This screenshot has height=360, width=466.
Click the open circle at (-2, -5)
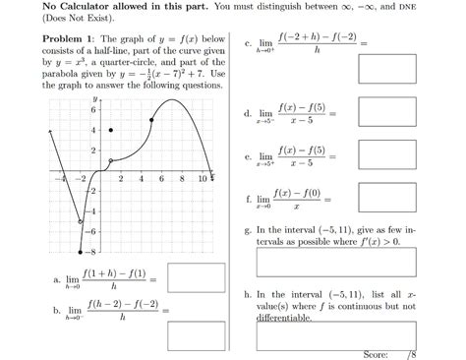[81, 221]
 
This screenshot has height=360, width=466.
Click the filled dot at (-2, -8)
[81, 251]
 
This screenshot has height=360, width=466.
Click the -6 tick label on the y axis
[92, 230]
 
